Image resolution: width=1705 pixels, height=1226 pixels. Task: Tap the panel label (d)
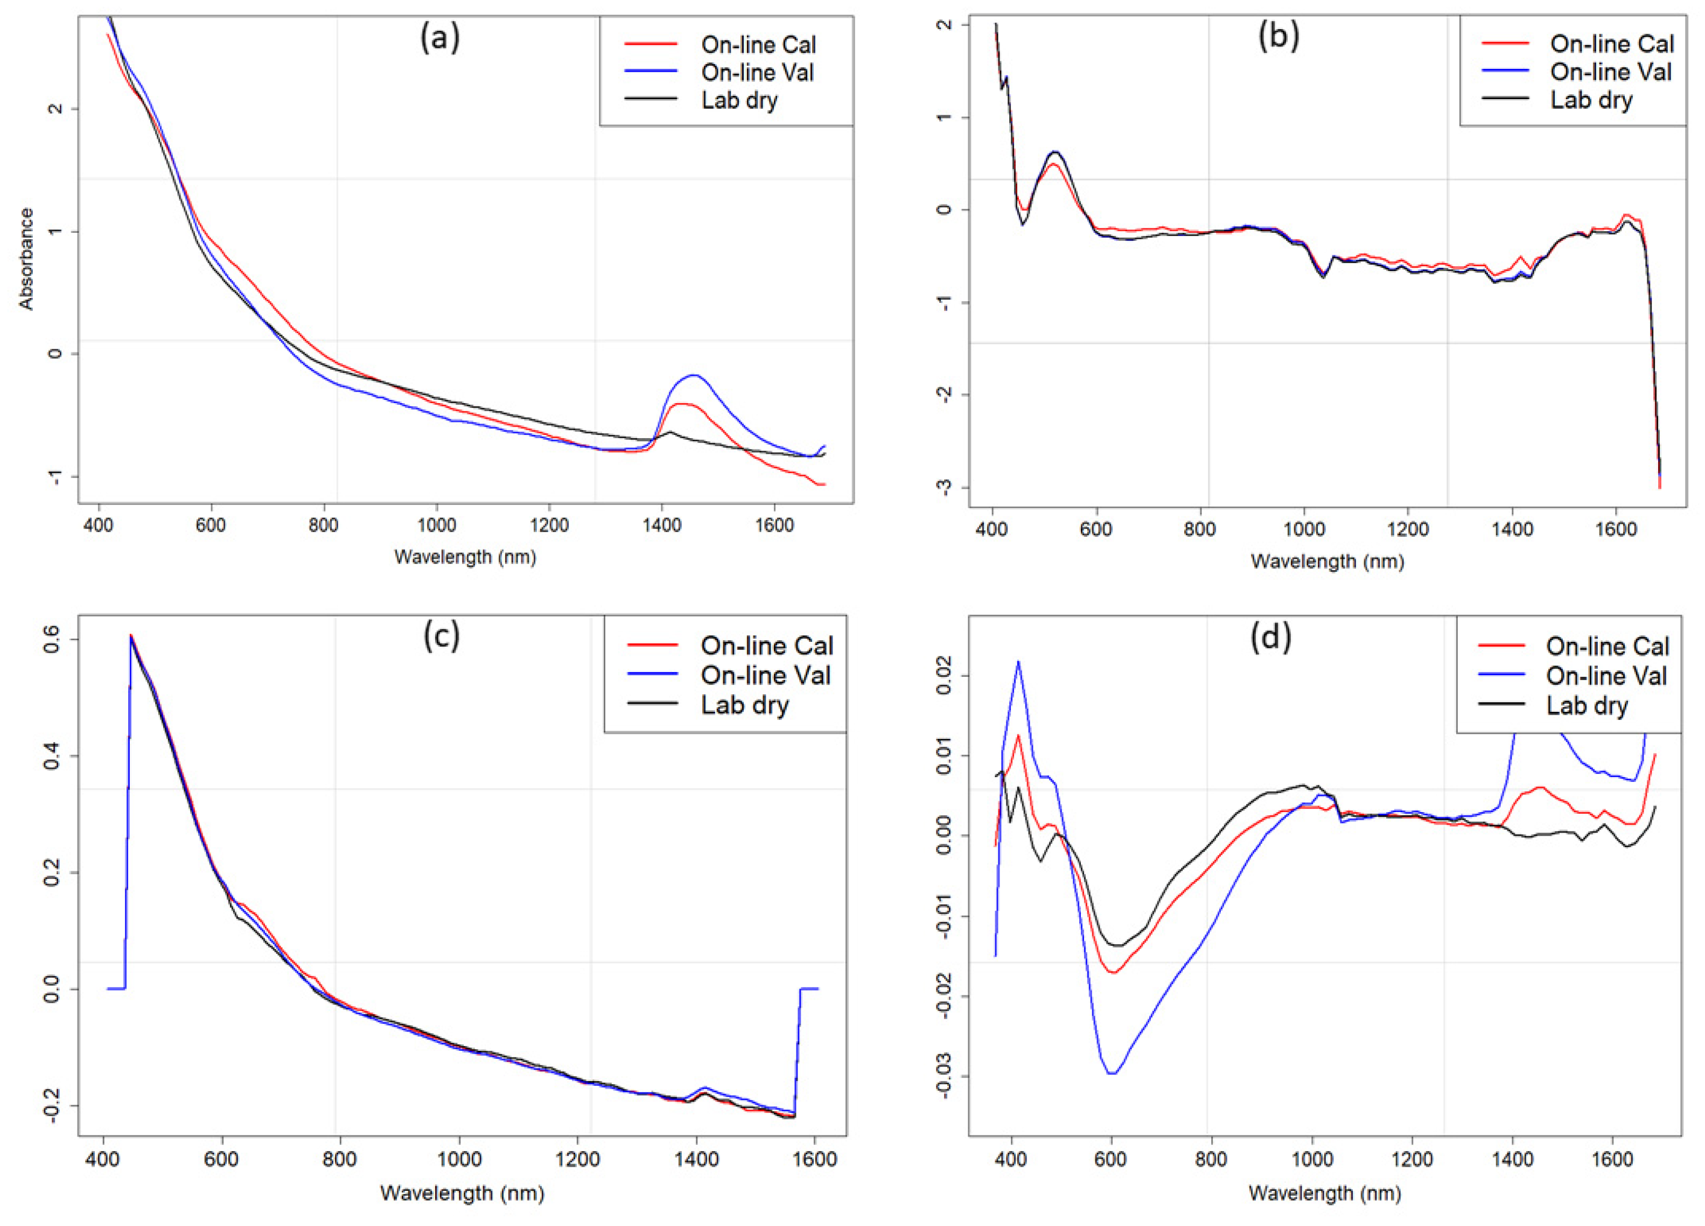pos(1270,637)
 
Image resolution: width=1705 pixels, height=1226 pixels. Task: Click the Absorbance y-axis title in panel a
pos(26,258)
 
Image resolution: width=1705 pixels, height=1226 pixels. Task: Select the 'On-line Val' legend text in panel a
pos(757,72)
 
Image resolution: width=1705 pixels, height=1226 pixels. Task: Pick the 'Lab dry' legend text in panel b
pos(1591,100)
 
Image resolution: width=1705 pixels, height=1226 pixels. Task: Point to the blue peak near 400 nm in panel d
pos(1019,662)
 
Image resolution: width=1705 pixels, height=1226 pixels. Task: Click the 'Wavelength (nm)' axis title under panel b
pos(1327,561)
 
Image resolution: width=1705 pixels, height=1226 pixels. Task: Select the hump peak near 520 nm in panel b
pos(1056,152)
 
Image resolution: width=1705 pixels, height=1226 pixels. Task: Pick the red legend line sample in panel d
pos(1501,646)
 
